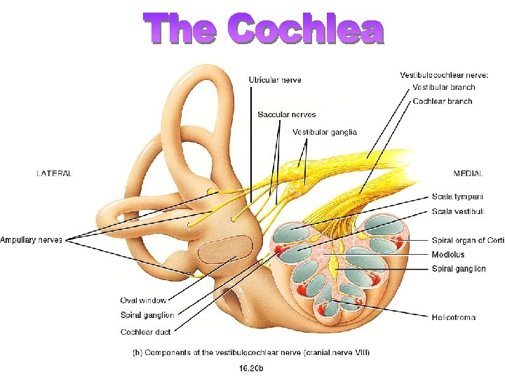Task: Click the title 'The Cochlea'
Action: pyautogui.click(x=265, y=29)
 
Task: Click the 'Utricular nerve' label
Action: pyautogui.click(x=275, y=80)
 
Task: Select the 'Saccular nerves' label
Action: pyautogui.click(x=286, y=114)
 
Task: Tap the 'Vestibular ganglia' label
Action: pyautogui.click(x=324, y=132)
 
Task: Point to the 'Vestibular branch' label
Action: pyautogui.click(x=443, y=88)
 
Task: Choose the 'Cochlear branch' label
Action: pyautogui.click(x=442, y=102)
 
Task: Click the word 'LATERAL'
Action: pyautogui.click(x=54, y=173)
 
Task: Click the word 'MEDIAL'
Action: pyautogui.click(x=469, y=173)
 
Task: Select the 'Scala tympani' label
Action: pyautogui.click(x=457, y=197)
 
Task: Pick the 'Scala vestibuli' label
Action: pyautogui.click(x=458, y=211)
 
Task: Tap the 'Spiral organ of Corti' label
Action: pyautogui.click(x=468, y=241)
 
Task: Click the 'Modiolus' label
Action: pyautogui.click(x=448, y=255)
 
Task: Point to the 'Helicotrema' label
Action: pyautogui.click(x=454, y=317)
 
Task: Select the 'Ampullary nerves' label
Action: pyautogui.click(x=32, y=240)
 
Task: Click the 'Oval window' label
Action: pyautogui.click(x=143, y=300)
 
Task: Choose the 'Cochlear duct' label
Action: pyautogui.click(x=145, y=331)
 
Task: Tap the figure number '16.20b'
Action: pyautogui.click(x=252, y=366)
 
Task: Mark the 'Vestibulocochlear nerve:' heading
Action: pyautogui.click(x=444, y=75)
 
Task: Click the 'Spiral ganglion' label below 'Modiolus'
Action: pyautogui.click(x=459, y=269)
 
